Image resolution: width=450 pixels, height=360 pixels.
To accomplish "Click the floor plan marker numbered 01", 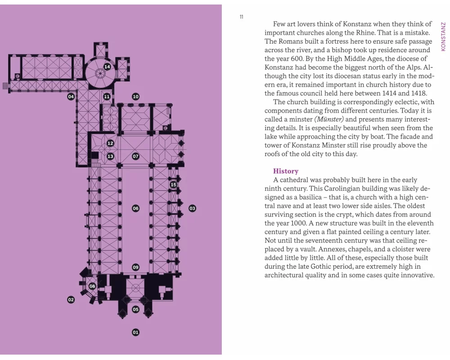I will (x=135, y=332).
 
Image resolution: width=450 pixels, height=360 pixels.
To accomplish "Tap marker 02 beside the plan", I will (x=71, y=300).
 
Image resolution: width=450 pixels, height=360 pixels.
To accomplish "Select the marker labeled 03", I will (x=192, y=208).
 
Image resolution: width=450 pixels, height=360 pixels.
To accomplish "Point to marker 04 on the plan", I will (x=71, y=96).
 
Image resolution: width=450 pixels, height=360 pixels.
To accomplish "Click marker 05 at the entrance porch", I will (x=135, y=309).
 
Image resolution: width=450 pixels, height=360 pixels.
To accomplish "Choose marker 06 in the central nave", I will (x=135, y=208).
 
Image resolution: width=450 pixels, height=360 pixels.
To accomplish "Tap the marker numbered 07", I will (x=135, y=156).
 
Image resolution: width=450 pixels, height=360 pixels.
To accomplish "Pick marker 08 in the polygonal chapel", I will (x=92, y=286).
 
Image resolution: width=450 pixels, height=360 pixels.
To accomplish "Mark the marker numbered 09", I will (x=135, y=267).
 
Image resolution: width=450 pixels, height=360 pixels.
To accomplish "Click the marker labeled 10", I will (x=135, y=96).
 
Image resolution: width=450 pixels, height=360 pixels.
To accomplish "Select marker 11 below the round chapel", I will (x=107, y=96).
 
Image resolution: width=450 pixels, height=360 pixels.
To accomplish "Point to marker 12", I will (x=110, y=143).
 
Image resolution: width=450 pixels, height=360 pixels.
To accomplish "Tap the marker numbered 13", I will (x=110, y=156).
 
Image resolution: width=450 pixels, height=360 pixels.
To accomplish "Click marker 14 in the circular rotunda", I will (x=107, y=67).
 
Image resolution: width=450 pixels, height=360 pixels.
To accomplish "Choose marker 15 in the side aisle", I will (x=173, y=184).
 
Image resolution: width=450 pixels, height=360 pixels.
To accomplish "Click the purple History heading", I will (x=286, y=171).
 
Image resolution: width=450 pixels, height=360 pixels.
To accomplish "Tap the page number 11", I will (x=242, y=17).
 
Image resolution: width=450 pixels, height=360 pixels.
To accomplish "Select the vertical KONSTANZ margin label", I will (x=443, y=37).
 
